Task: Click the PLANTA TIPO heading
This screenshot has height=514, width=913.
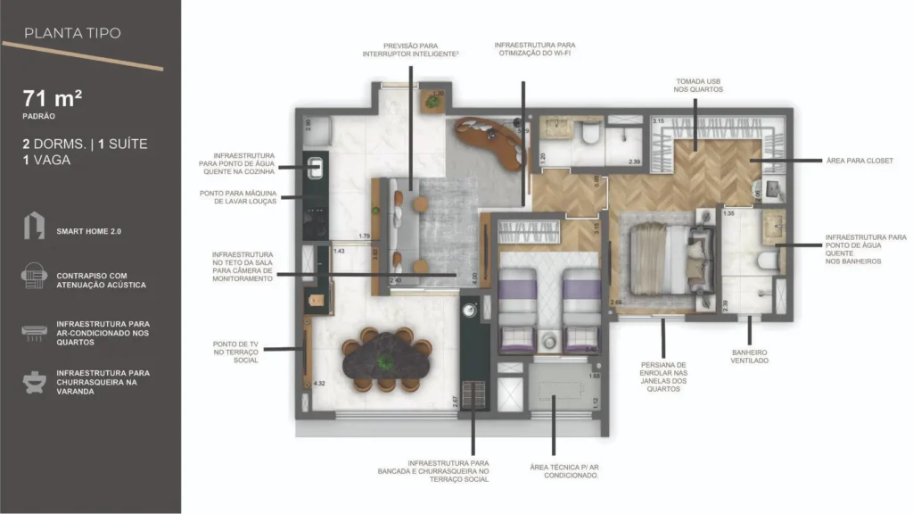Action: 72,34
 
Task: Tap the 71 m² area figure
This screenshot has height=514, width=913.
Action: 53,99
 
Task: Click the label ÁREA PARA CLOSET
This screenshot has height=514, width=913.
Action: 860,162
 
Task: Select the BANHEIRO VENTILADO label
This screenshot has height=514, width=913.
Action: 749,357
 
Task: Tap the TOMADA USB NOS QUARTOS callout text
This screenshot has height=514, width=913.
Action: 698,85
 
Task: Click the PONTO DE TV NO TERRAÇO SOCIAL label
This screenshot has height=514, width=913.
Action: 236,352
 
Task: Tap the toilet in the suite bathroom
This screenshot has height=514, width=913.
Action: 765,261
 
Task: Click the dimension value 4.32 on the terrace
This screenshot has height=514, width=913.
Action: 319,384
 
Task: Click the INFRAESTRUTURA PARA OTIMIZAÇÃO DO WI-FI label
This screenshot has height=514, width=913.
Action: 535,49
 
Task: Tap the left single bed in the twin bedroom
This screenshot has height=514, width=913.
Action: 515,308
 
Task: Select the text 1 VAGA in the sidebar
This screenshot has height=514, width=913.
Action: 47,160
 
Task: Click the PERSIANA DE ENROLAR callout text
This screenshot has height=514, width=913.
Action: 662,376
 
